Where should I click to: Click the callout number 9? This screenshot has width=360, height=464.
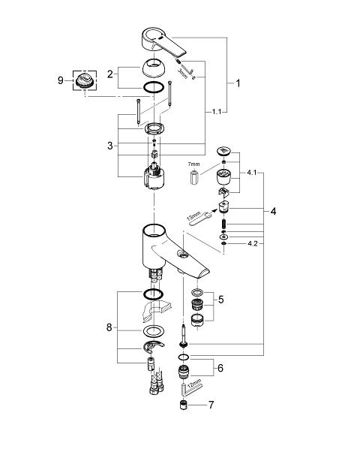click(x=60, y=80)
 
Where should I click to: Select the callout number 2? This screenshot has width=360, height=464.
click(x=110, y=74)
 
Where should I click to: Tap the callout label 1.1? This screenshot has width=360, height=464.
click(x=217, y=112)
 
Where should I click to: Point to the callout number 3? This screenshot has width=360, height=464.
click(x=110, y=146)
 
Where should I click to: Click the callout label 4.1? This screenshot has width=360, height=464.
click(x=252, y=173)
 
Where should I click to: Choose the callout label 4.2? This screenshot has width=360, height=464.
click(x=253, y=243)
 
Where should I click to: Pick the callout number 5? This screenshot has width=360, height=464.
click(x=221, y=300)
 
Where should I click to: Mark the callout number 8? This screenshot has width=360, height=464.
click(x=109, y=327)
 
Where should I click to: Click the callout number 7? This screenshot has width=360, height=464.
click(x=211, y=405)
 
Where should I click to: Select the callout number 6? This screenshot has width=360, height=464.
click(x=220, y=368)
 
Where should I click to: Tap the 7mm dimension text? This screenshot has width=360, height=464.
click(x=194, y=164)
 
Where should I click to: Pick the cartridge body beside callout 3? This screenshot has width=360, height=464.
click(x=154, y=176)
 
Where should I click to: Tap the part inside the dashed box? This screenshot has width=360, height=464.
click(x=85, y=80)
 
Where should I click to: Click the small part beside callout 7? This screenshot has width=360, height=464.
click(x=184, y=405)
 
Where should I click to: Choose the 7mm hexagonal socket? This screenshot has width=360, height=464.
click(x=193, y=176)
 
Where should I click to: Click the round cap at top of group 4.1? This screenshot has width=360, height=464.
click(x=224, y=151)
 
